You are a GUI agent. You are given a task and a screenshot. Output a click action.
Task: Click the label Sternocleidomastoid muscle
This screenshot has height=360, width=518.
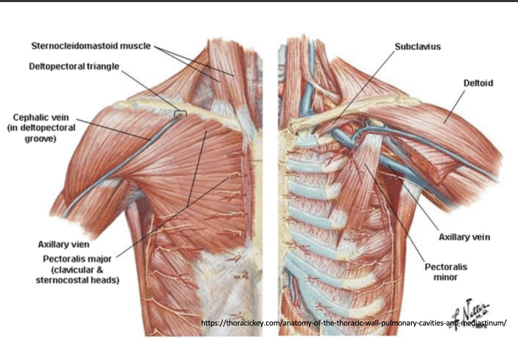pos(91,46)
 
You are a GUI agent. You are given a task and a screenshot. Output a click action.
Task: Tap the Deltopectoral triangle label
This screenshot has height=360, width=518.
pos(74,67)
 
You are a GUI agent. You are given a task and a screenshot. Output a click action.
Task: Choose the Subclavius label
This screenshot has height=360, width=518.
pos(417,46)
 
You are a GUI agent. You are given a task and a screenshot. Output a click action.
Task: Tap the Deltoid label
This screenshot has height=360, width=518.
pos(478,83)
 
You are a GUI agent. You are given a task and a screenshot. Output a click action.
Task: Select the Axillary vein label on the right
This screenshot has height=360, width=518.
pos(464,237)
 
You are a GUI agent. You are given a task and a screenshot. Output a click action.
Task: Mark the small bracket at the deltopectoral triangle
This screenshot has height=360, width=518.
pos(181,111)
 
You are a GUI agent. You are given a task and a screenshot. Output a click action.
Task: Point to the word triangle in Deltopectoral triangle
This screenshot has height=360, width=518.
pos(101,67)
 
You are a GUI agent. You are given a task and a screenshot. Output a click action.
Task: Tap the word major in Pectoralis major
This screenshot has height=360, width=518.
pos(98,259)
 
